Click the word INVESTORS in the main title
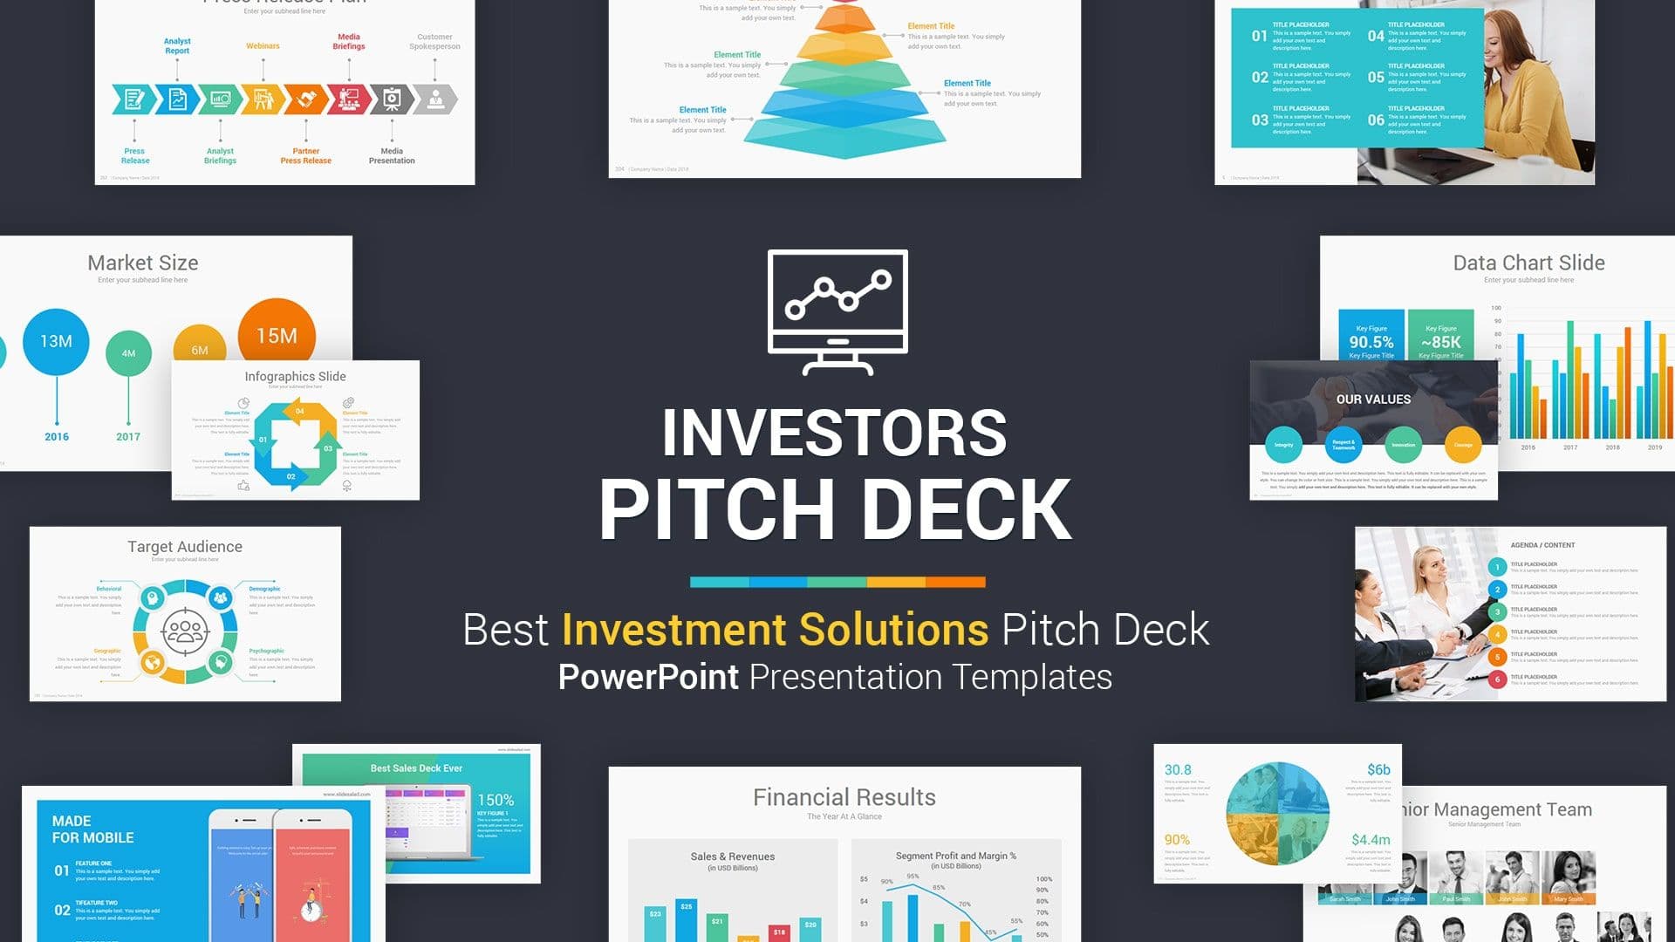(835, 433)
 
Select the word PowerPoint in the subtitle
(648, 678)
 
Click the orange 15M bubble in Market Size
(277, 336)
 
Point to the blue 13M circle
(56, 341)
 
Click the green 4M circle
(128, 353)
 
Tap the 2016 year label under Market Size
(57, 437)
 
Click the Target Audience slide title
(185, 547)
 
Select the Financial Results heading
(844, 797)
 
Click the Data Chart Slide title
(1528, 263)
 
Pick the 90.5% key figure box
(1371, 338)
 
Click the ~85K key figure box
(1440, 338)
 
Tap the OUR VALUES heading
(1373, 399)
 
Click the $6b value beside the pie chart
(1378, 769)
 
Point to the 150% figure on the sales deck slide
(496, 800)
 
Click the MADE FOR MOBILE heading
(92, 829)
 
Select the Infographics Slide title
(295, 377)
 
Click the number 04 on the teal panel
(1375, 36)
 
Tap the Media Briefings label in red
(349, 42)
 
